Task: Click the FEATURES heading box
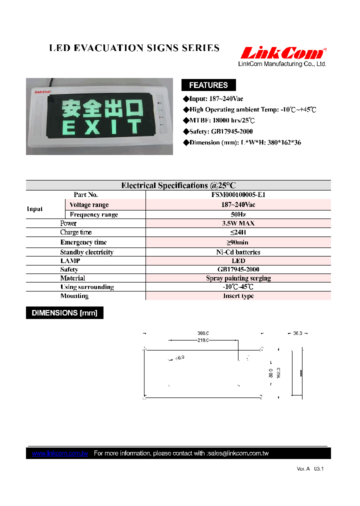[x=208, y=85]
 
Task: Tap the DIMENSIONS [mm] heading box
[x=64, y=313]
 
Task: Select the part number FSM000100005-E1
[x=238, y=195]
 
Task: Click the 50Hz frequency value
[x=238, y=214]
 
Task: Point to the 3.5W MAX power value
[x=238, y=223]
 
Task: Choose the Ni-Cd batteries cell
[x=238, y=252]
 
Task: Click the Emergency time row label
[x=83, y=242]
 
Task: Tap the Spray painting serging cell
[x=238, y=278]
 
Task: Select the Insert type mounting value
[x=238, y=296]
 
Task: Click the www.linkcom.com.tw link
[x=60, y=453]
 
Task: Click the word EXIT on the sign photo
[x=102, y=127]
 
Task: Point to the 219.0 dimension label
[x=202, y=340]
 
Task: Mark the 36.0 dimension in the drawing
[x=297, y=333]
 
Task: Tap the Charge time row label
[x=76, y=232]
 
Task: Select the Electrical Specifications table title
[x=178, y=185]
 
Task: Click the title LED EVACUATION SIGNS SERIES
[x=134, y=48]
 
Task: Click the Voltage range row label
[x=89, y=205]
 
